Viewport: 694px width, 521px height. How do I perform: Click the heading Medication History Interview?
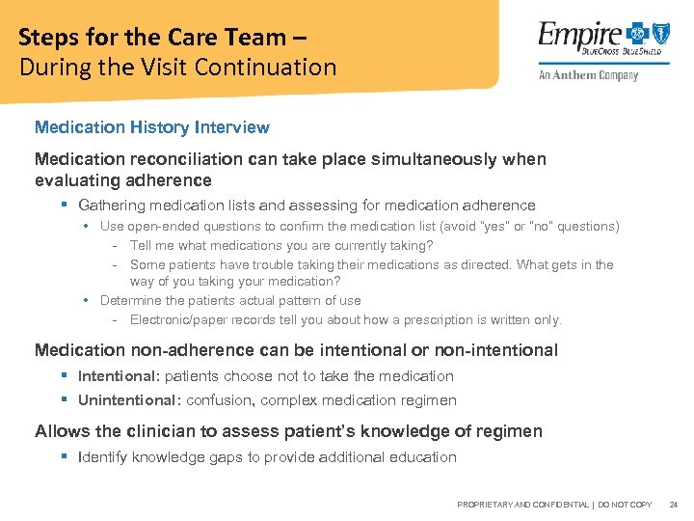tap(152, 127)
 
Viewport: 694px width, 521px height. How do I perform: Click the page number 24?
tap(673, 505)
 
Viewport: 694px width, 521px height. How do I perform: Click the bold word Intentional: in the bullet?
tap(119, 376)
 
